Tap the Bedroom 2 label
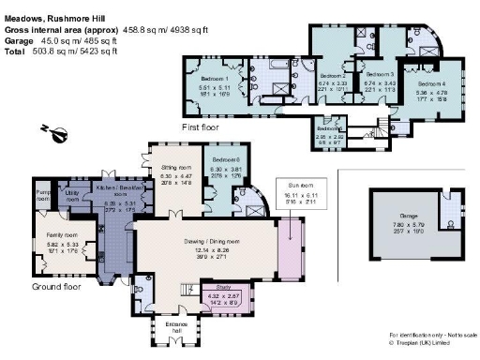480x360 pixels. coord(333,73)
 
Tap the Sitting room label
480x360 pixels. coord(175,165)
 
